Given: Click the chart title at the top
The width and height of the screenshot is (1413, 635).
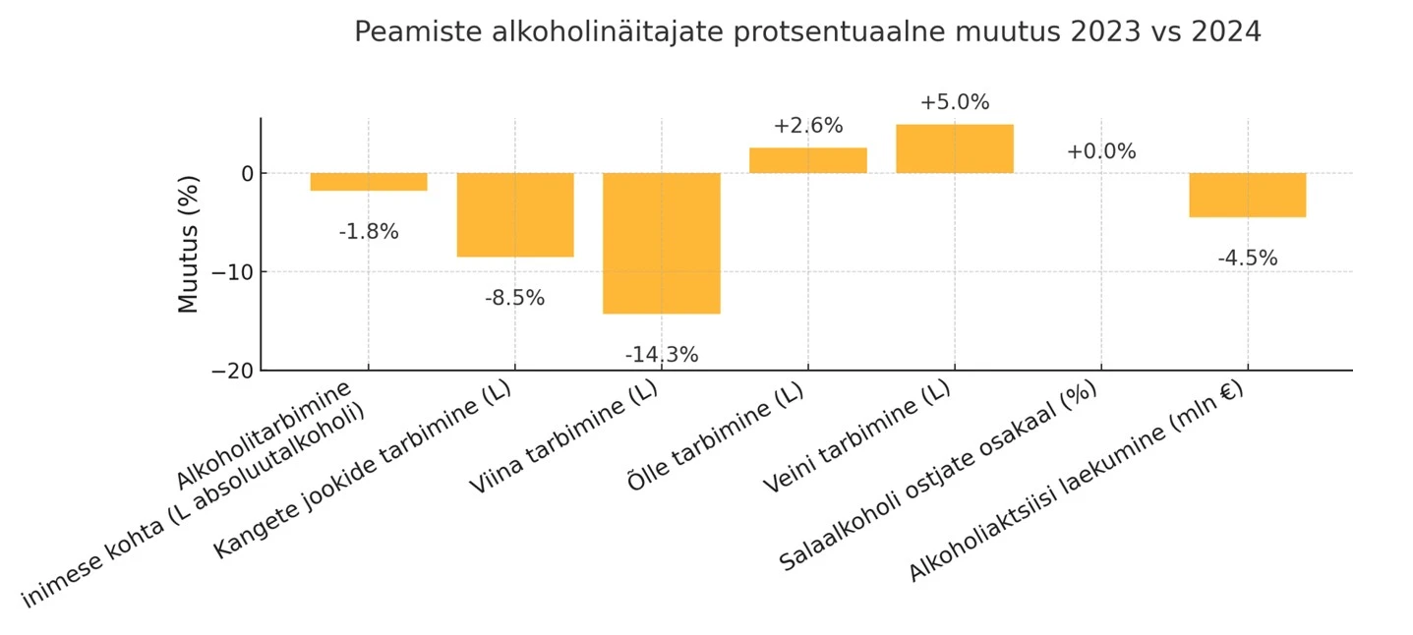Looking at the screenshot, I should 806,32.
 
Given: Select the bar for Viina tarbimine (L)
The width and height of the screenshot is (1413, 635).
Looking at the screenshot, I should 661,243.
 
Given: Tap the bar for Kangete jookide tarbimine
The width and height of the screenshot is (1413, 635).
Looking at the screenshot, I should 515,214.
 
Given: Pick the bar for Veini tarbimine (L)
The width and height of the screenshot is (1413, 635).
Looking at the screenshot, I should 954,148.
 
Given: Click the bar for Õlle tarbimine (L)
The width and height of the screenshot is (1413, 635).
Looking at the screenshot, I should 807,160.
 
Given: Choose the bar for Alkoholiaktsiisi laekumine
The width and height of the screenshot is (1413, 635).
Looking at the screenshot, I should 1247,195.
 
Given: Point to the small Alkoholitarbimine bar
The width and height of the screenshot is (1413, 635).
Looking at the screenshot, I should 369,182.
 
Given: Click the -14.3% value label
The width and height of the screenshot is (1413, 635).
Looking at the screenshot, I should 661,355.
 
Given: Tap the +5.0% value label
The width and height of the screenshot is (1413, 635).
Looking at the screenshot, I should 954,102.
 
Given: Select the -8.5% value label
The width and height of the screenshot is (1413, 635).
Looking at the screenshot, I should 514,298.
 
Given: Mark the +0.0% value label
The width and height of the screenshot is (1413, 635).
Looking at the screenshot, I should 1100,151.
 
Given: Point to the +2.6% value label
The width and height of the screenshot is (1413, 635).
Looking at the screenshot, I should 807,126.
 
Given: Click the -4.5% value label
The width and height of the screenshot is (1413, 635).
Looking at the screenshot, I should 1247,259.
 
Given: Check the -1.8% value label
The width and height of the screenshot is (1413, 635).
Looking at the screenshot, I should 369,232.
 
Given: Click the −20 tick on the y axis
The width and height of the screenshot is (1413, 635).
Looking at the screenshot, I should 233,371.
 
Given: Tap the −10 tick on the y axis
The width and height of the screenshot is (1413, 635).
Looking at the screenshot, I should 233,272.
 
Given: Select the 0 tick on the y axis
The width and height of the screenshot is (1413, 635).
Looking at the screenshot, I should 246,174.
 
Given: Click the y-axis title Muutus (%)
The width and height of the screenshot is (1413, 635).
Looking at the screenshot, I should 188,244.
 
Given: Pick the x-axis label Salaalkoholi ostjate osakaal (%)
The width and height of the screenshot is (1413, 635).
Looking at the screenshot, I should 939,476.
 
